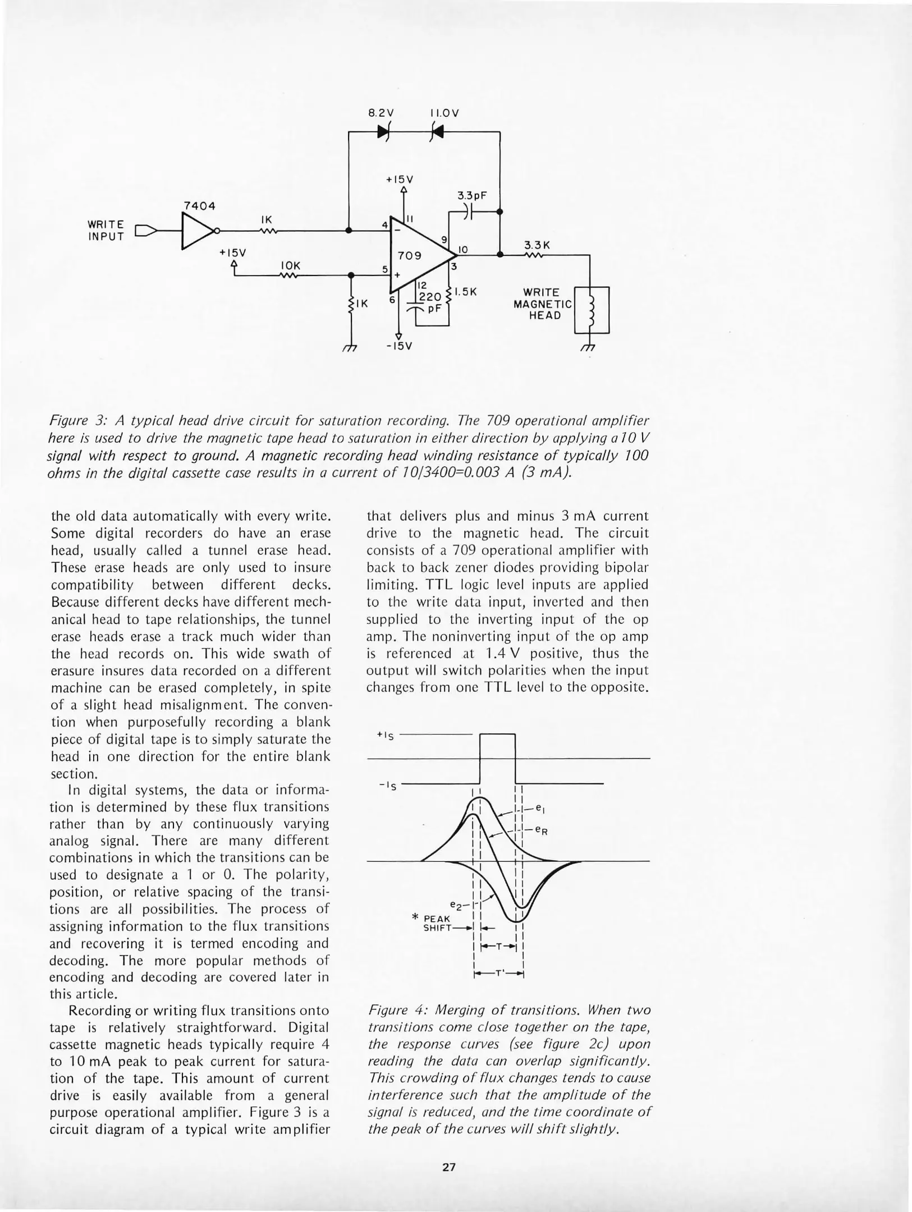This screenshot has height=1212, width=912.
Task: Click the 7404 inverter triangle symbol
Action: point(196,231)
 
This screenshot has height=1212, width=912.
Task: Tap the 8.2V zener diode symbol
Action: point(384,132)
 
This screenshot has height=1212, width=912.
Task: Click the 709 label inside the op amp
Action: point(410,256)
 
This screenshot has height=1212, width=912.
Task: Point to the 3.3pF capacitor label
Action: point(471,196)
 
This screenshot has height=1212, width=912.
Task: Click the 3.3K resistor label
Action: point(537,245)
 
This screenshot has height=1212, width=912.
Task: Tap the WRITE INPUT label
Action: point(106,231)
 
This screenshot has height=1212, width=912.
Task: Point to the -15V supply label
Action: point(400,346)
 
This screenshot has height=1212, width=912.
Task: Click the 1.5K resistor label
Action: point(465,292)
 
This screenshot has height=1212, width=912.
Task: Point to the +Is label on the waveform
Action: point(386,735)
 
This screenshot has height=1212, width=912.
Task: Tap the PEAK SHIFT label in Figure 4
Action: point(436,923)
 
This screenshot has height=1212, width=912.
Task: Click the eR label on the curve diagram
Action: point(541,830)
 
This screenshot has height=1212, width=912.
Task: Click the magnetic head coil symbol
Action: point(590,311)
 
